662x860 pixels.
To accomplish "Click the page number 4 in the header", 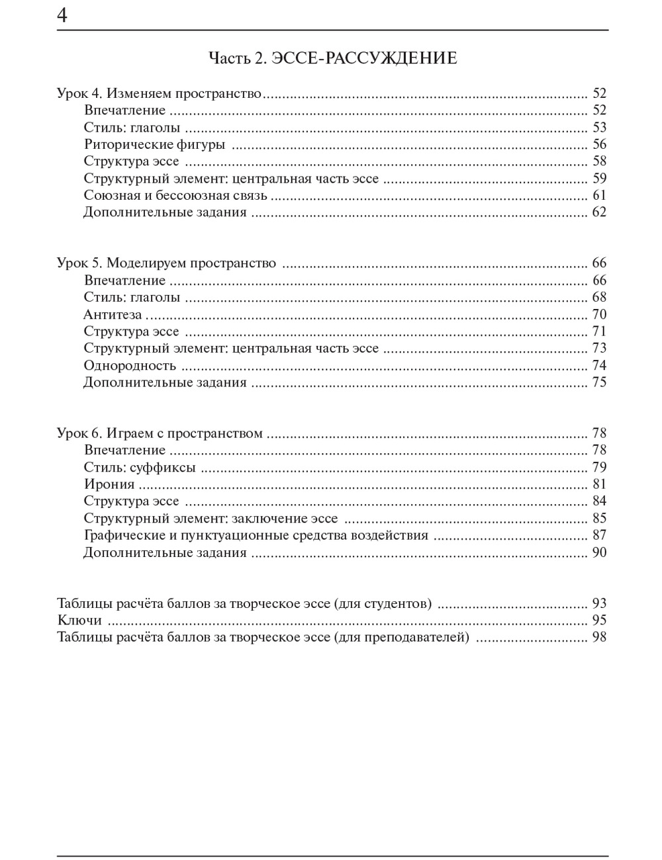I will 62,15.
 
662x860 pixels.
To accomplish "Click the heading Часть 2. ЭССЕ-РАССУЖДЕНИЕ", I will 332,58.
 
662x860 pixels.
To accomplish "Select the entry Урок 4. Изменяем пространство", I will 160,93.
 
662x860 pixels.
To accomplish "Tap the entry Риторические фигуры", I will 154,144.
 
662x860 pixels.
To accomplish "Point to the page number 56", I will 599,144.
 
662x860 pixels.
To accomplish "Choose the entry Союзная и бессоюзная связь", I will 175,195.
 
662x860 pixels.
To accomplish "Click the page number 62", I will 599,212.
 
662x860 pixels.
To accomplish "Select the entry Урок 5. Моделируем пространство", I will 166,263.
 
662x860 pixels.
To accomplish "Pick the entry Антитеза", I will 113,314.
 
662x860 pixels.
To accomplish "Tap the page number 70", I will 599,314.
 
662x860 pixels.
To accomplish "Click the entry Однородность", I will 130,365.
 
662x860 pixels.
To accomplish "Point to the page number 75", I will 599,382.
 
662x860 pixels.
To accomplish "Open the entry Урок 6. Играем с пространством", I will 160,433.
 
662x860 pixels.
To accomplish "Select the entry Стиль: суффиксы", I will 140,468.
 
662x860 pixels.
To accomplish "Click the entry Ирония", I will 109,484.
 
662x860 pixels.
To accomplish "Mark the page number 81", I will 599,484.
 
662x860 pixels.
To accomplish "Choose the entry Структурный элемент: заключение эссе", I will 211,519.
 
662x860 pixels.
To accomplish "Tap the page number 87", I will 599,535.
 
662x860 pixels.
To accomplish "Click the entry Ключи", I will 79,621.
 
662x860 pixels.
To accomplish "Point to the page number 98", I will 599,638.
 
